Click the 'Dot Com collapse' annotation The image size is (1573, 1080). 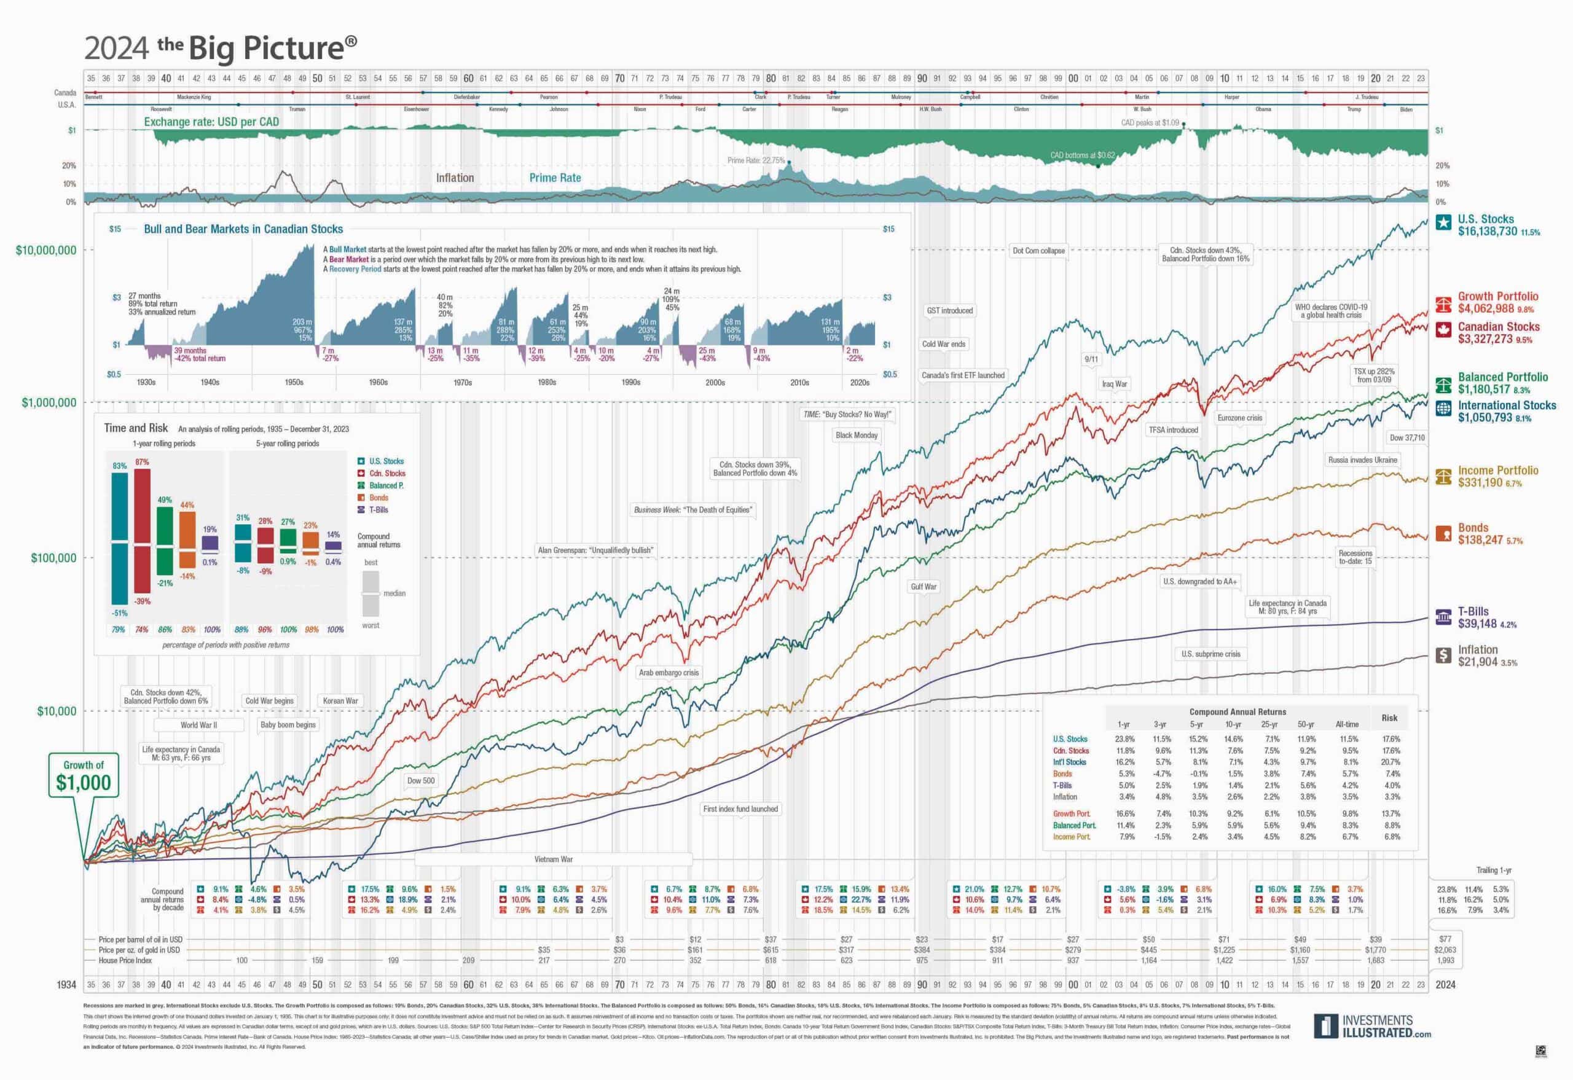coord(1038,251)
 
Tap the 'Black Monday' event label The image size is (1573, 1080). coord(855,435)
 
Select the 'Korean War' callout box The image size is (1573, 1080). coord(340,700)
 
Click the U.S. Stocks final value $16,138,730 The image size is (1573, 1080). coord(1487,232)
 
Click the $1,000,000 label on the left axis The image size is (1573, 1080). coord(49,402)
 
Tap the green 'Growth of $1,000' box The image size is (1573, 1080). coord(83,775)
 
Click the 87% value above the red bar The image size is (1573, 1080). coord(141,461)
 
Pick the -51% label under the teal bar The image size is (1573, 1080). coord(119,613)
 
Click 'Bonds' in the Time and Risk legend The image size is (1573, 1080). coord(379,498)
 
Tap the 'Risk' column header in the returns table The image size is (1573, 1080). coord(1389,718)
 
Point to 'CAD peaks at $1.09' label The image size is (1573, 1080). coord(1149,123)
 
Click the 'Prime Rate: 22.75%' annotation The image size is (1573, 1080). coord(755,160)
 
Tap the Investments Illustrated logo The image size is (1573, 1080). coord(1372,1026)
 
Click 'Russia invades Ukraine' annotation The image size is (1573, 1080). coord(1362,460)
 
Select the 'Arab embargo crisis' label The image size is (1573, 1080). coord(668,672)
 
